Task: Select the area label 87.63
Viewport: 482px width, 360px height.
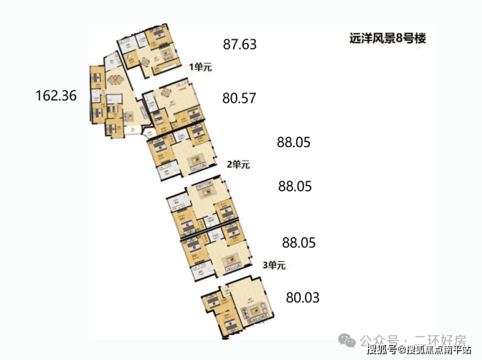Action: tap(240, 45)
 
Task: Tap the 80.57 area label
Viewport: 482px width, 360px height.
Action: tap(239, 99)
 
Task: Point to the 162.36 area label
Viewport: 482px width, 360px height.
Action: tap(56, 96)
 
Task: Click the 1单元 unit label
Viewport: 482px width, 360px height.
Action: tap(201, 66)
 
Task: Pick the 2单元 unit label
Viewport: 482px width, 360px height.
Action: tap(238, 165)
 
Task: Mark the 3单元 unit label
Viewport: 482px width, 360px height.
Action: tap(274, 265)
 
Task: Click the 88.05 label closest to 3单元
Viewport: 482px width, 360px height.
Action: tap(298, 243)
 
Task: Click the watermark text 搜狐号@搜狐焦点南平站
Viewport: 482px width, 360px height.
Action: tap(418, 352)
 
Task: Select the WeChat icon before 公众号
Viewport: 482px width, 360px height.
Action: tap(348, 340)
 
